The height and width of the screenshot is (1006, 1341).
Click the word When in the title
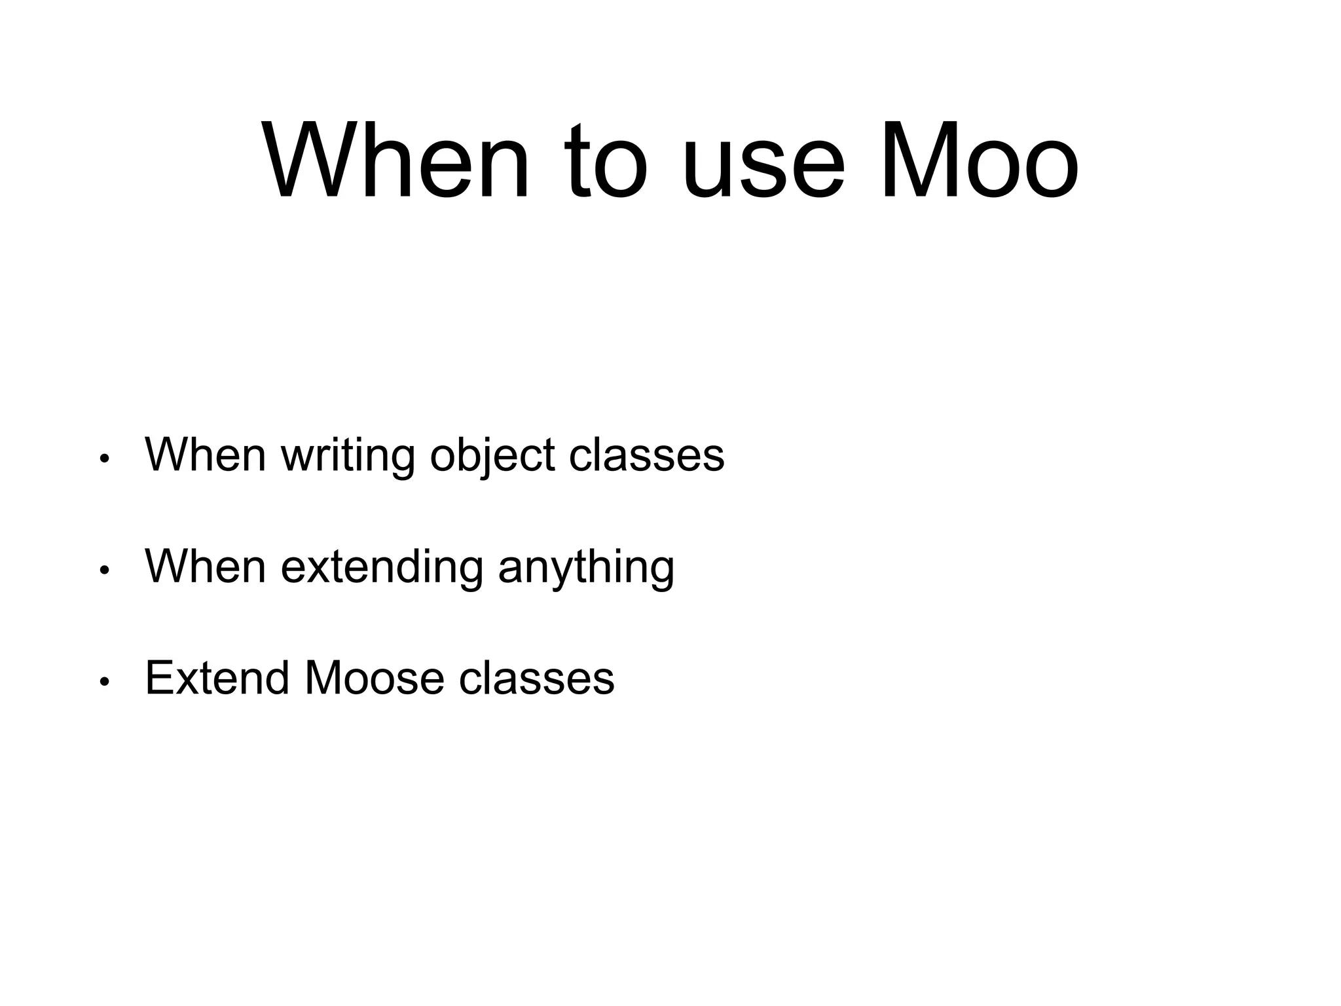(x=395, y=161)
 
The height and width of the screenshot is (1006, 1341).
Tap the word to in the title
(x=608, y=161)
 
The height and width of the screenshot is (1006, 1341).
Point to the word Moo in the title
(x=980, y=161)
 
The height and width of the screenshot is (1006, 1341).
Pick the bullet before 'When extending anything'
(x=103, y=570)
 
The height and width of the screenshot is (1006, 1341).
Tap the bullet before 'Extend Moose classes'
(x=103, y=682)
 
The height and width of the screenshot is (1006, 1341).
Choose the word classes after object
(x=646, y=454)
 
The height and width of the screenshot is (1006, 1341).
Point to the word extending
(x=382, y=567)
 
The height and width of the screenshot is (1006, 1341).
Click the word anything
(x=586, y=567)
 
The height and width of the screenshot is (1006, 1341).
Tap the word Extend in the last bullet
(x=217, y=677)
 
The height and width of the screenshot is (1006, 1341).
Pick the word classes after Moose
(x=536, y=677)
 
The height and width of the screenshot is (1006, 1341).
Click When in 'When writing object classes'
(x=205, y=454)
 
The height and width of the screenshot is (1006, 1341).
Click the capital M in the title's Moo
(x=916, y=161)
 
